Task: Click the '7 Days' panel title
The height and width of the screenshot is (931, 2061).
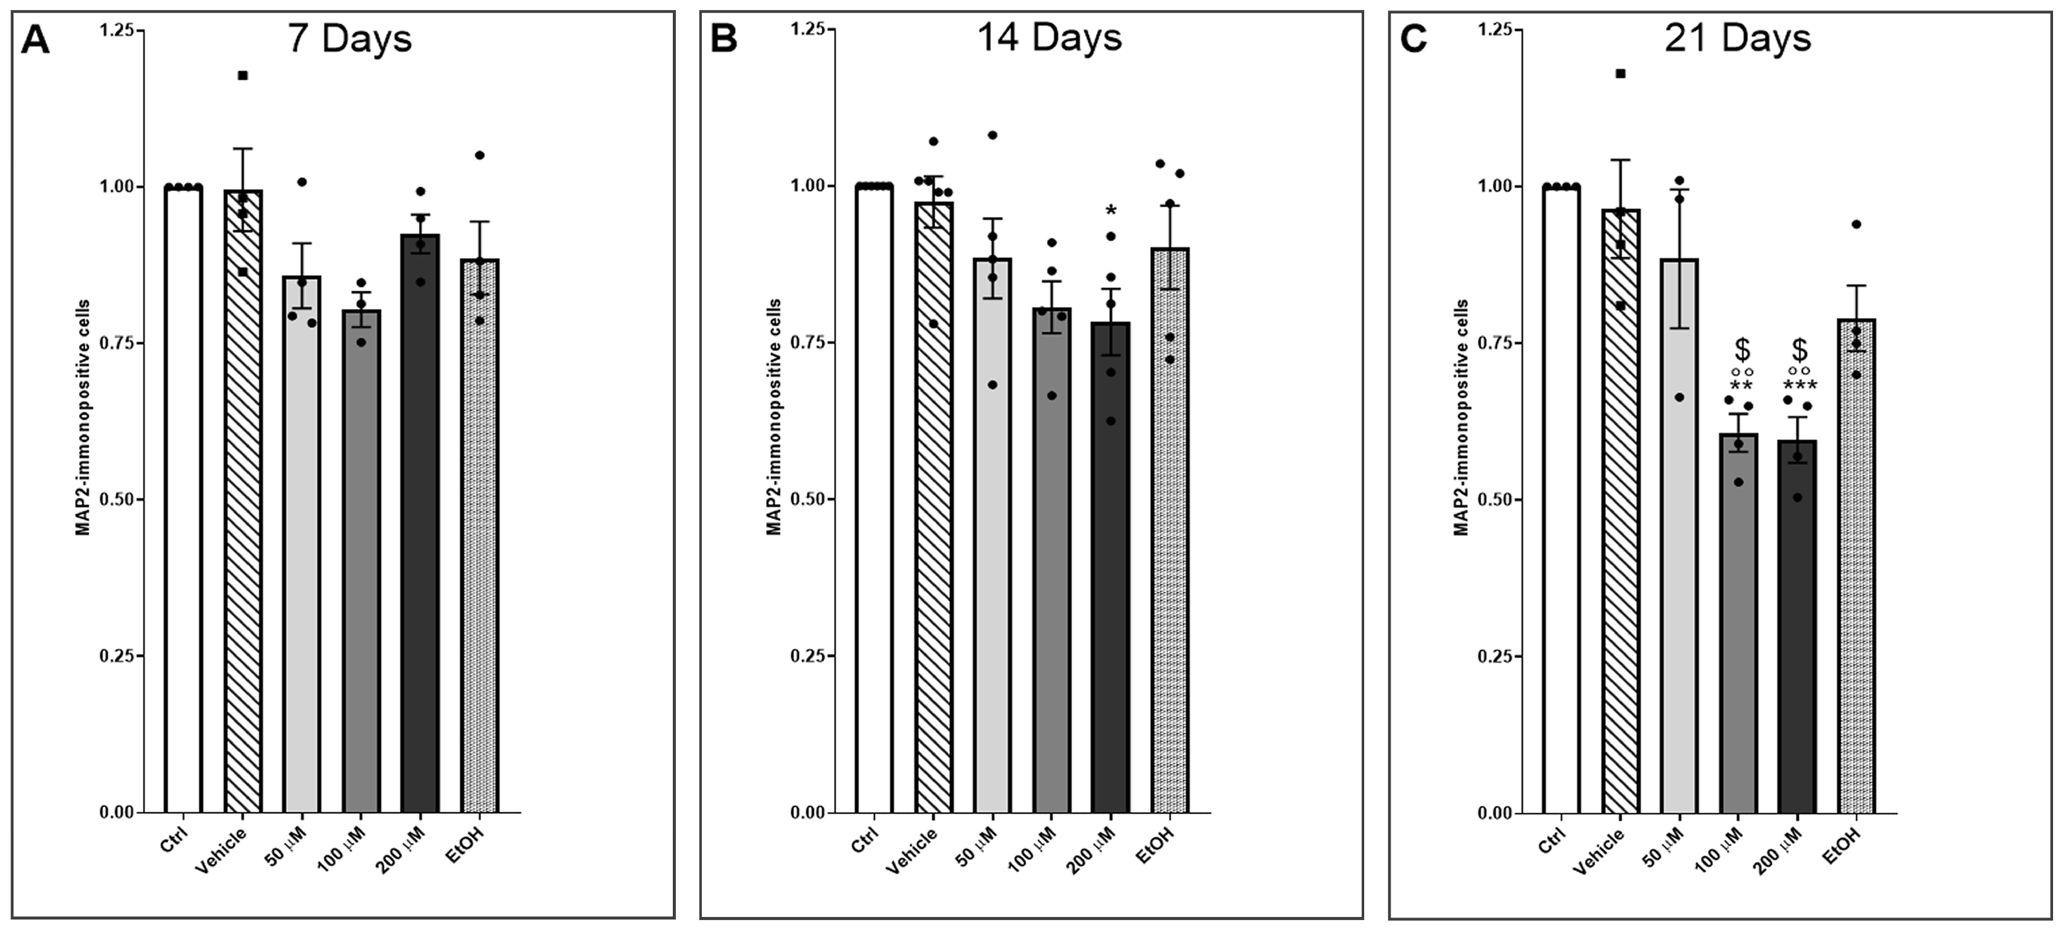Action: (350, 38)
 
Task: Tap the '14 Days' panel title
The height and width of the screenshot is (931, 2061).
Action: (1049, 37)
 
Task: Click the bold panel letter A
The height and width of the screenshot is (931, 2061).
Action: (35, 40)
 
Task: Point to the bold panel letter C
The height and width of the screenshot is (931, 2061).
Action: (1414, 39)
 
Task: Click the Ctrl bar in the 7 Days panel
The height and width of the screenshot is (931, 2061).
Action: (183, 500)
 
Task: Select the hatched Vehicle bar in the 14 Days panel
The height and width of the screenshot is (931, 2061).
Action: (934, 507)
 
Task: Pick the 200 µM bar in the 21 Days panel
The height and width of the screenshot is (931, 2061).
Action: (1797, 626)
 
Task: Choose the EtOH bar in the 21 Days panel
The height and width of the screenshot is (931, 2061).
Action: (1856, 566)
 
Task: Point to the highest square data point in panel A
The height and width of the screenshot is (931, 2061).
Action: (242, 75)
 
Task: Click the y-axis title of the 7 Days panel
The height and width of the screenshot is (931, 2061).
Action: (83, 417)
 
